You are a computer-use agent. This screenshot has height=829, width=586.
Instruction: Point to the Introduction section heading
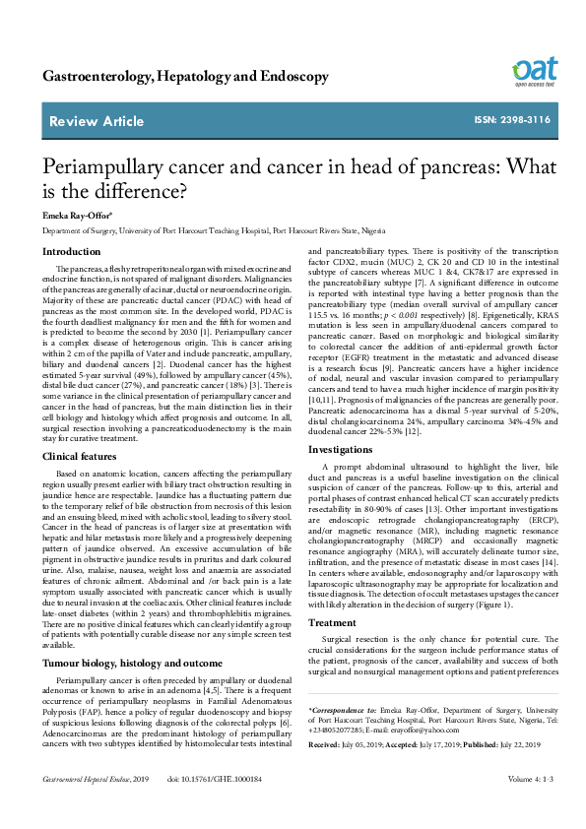71,251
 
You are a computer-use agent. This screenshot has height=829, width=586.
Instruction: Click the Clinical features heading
84,456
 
